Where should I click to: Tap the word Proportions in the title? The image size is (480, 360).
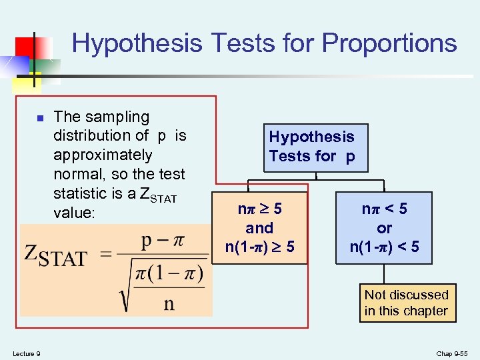pos(389,43)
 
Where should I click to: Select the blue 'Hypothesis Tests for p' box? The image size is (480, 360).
pos(311,147)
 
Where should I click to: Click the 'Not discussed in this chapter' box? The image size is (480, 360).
pos(406,303)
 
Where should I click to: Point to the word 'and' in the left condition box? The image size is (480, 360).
pos(259,228)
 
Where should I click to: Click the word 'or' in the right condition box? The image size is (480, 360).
pos(384,228)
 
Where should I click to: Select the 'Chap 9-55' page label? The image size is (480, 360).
pos(453,353)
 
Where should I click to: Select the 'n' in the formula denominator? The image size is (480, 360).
pos(169,303)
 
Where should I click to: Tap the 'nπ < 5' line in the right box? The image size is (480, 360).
pos(384,209)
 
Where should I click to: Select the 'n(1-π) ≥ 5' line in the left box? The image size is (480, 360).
pos(259,247)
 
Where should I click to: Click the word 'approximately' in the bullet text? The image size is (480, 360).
pos(103,155)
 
